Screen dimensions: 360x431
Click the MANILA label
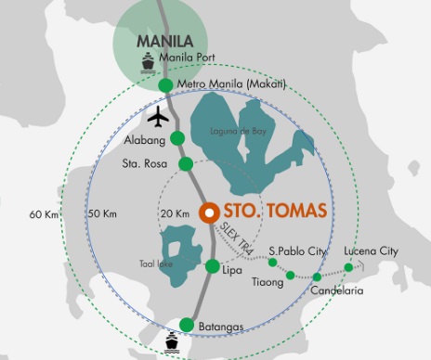[x=164, y=42]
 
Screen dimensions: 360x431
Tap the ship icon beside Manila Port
[x=148, y=61]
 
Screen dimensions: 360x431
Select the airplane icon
[x=158, y=118]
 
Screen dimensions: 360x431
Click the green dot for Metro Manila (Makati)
[x=165, y=85]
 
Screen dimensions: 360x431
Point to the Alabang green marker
[x=177, y=139]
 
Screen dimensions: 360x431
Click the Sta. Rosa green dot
[x=186, y=164]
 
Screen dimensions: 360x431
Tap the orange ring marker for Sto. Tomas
[x=208, y=212]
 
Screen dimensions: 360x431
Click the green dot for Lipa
[x=213, y=269]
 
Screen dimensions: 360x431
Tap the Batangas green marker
[x=187, y=325]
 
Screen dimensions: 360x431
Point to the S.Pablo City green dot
[x=272, y=263]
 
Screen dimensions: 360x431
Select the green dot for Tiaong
[x=290, y=275]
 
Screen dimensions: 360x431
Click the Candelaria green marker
[x=317, y=277]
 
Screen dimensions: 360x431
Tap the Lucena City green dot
[x=348, y=267]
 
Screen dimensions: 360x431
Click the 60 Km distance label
[x=43, y=214]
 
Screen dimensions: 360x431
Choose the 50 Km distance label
[x=102, y=214]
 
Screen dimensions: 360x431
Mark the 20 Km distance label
[x=174, y=214]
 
